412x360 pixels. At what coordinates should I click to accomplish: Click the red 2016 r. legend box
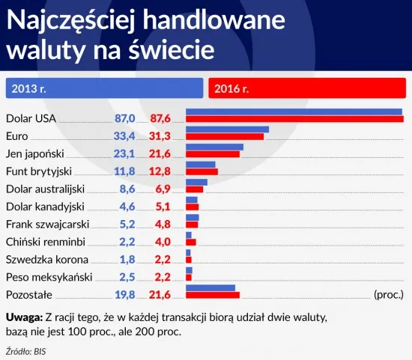(x=306, y=89)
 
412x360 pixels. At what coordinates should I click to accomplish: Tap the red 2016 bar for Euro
(x=225, y=136)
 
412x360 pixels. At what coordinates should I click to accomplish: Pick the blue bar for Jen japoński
(x=214, y=147)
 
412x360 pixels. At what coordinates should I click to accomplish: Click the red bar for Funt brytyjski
(x=202, y=171)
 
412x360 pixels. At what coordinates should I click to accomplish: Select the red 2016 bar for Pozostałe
(x=213, y=295)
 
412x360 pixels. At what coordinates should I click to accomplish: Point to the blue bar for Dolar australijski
(x=196, y=182)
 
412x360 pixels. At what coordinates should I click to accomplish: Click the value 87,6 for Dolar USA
(x=162, y=118)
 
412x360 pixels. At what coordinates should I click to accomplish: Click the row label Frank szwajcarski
(x=47, y=225)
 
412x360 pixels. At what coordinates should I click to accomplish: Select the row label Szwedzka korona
(x=46, y=260)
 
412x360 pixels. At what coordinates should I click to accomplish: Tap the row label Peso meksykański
(x=48, y=278)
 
